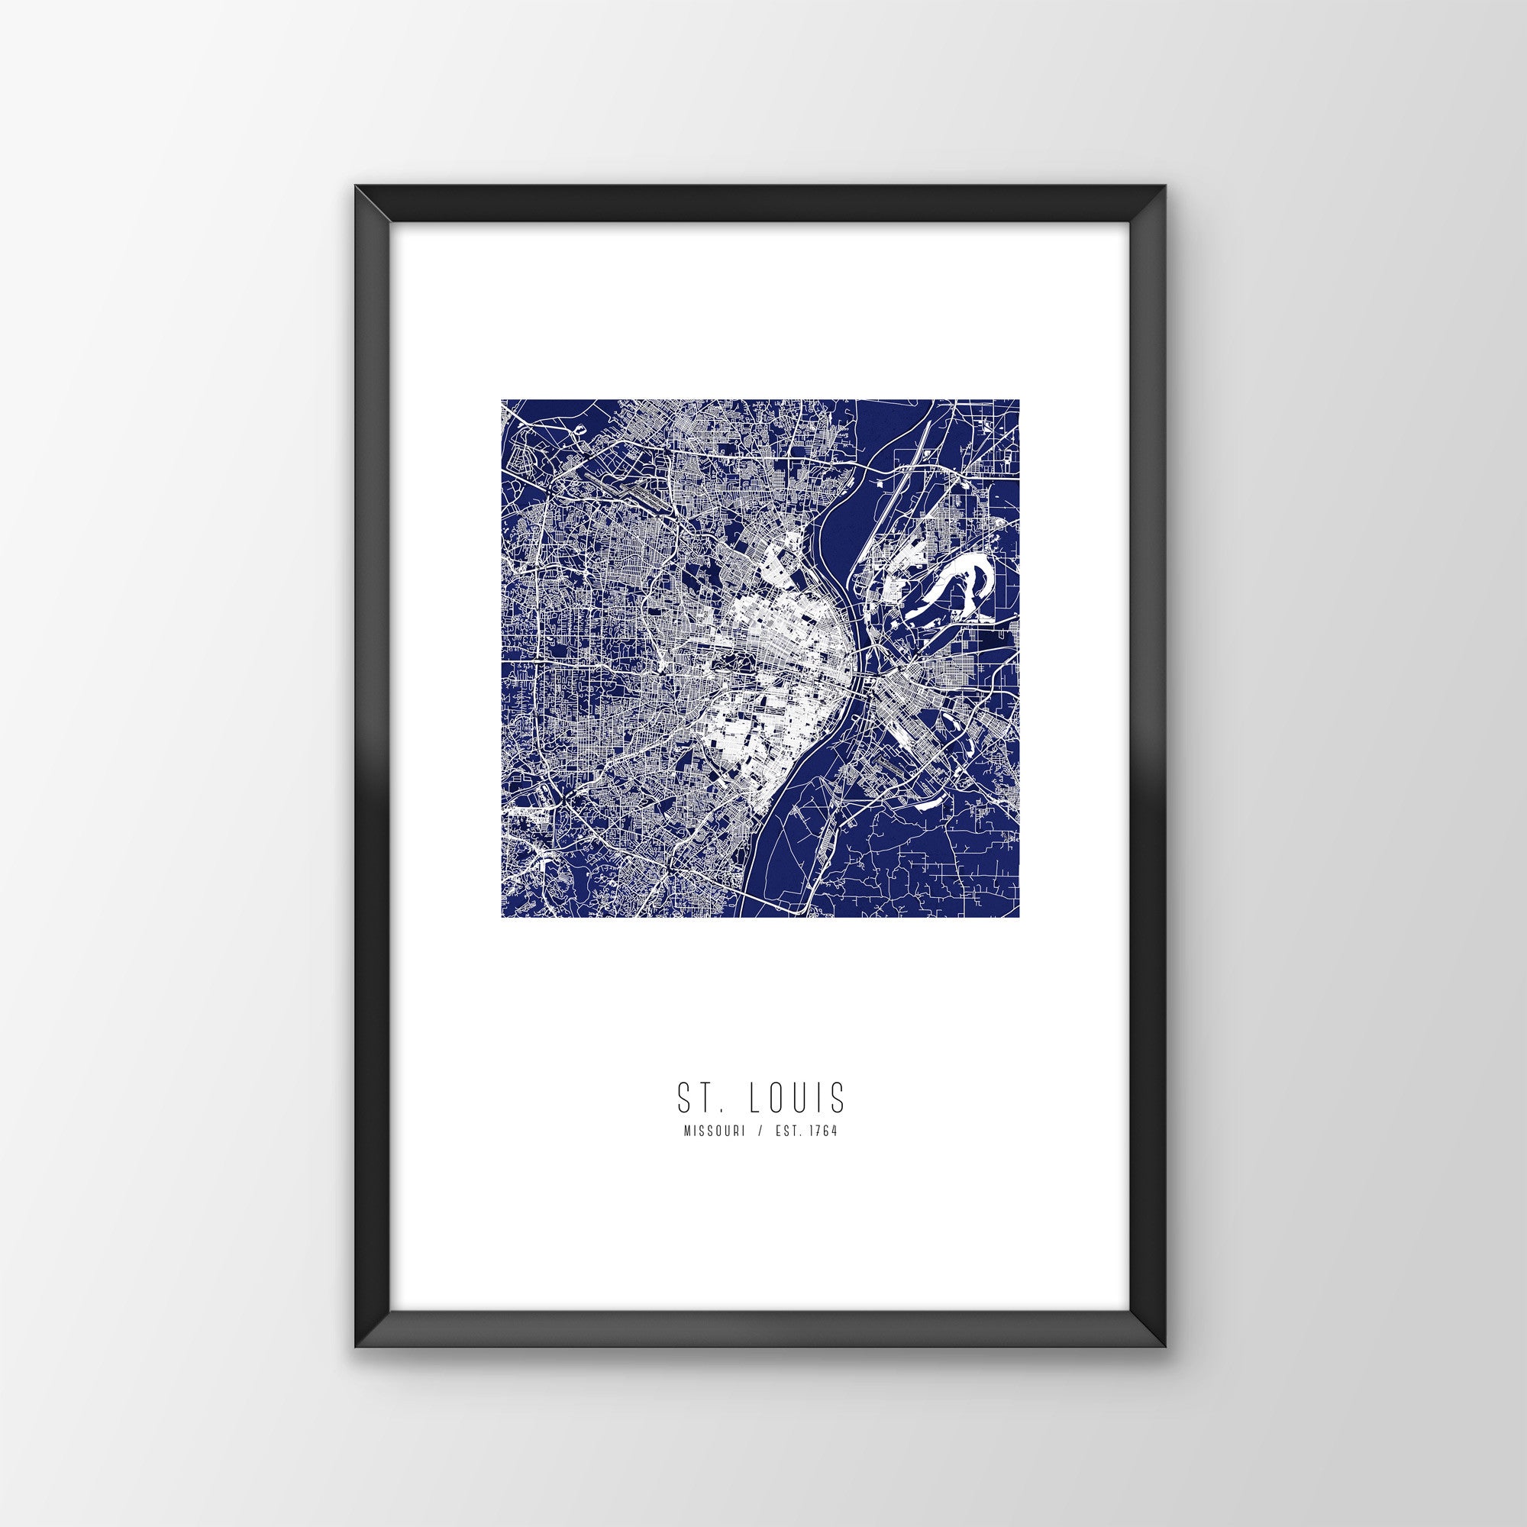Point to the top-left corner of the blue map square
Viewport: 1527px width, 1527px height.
pyautogui.click(x=502, y=401)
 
